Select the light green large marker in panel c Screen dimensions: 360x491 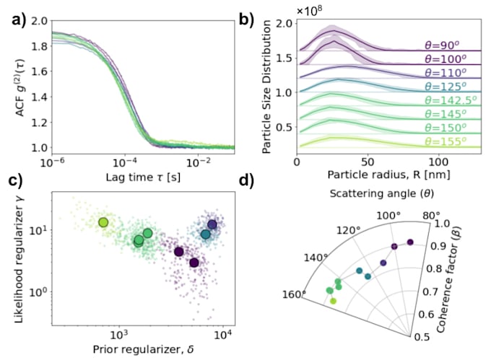[103, 222]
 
